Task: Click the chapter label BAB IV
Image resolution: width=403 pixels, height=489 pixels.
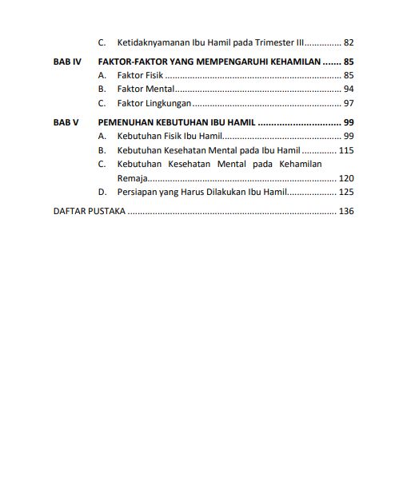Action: point(67,62)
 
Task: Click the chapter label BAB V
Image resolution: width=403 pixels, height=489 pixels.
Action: point(66,122)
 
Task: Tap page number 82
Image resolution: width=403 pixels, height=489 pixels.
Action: point(348,42)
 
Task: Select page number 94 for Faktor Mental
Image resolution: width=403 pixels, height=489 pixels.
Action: point(348,89)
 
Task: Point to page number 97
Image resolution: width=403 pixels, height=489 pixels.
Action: point(348,103)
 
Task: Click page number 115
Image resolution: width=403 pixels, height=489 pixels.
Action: point(346,150)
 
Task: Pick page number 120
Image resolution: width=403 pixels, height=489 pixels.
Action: point(346,178)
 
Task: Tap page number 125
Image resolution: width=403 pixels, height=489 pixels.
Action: point(346,193)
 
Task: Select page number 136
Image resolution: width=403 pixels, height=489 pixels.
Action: point(346,212)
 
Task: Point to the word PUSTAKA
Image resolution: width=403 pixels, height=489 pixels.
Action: point(108,212)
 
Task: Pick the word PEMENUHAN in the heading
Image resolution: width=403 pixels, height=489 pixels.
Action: point(125,122)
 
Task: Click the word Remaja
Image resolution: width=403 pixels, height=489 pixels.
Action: point(132,178)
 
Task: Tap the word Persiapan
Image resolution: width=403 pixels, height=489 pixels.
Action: point(137,193)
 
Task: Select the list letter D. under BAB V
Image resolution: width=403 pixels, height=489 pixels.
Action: point(102,193)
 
